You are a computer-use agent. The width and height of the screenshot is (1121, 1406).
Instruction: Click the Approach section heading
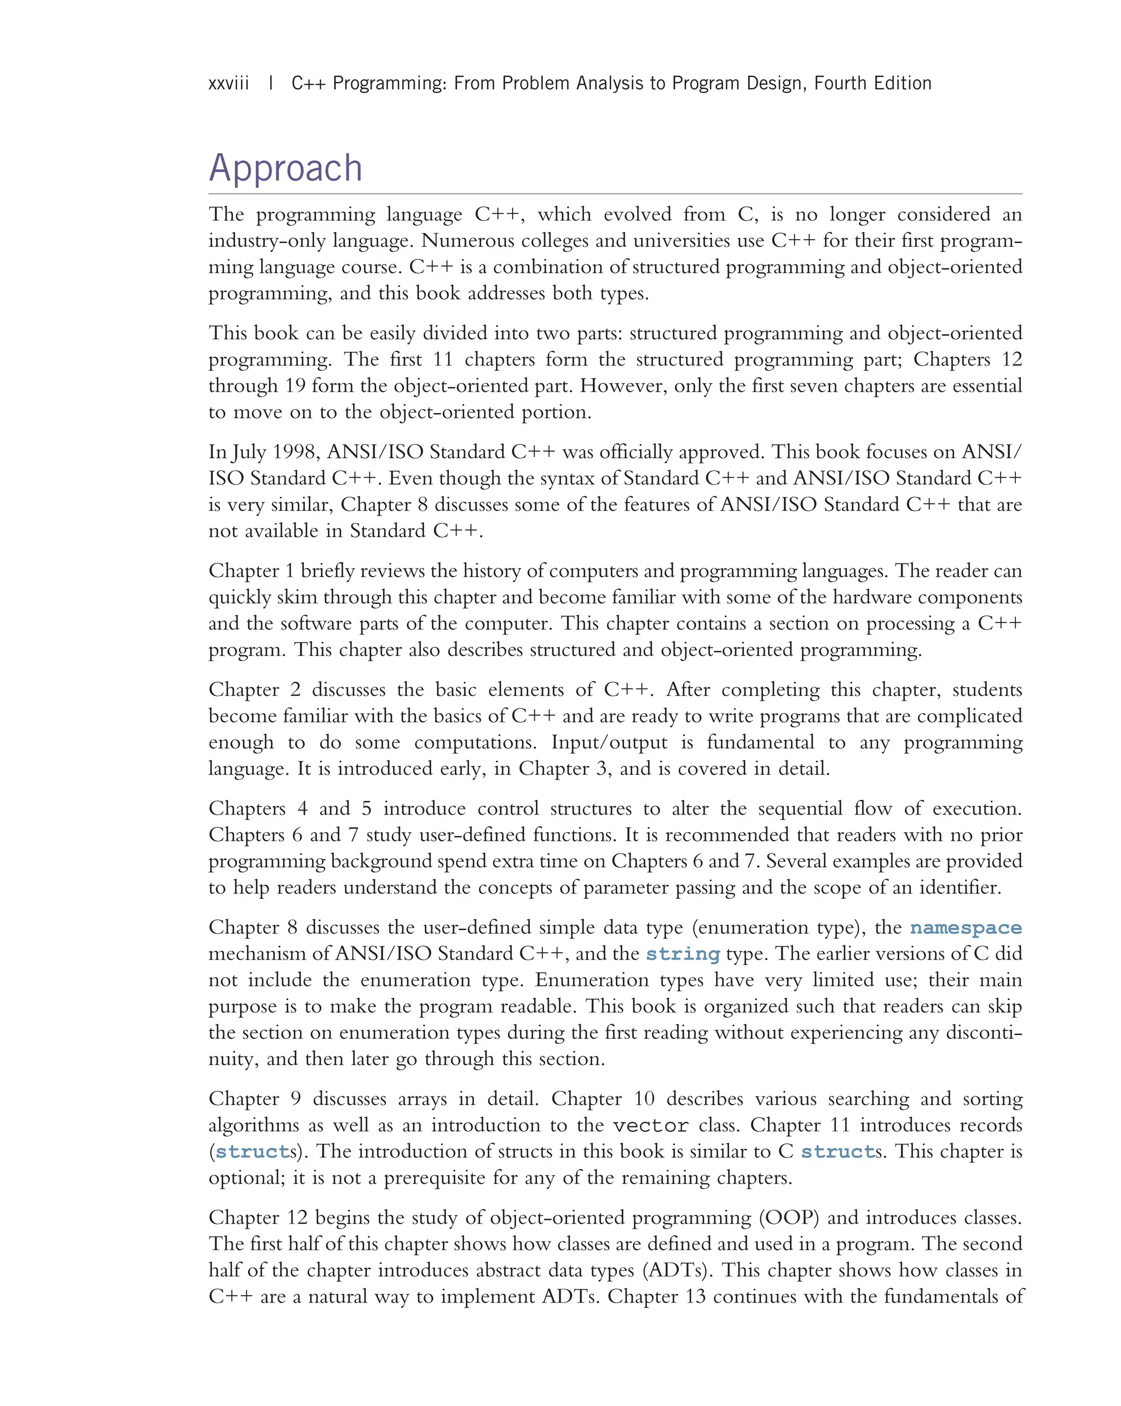285,169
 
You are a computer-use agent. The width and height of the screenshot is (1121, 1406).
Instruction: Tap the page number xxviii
228,84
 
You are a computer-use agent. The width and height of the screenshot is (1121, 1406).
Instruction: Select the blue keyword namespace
966,928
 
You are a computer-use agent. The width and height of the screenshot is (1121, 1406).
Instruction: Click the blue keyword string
683,954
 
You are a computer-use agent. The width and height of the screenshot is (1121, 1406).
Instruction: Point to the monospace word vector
651,1125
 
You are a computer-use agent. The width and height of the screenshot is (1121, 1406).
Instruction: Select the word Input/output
609,742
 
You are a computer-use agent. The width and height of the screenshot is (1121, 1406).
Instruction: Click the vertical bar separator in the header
271,84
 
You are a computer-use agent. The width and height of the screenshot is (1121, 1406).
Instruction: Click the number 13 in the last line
696,1297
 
